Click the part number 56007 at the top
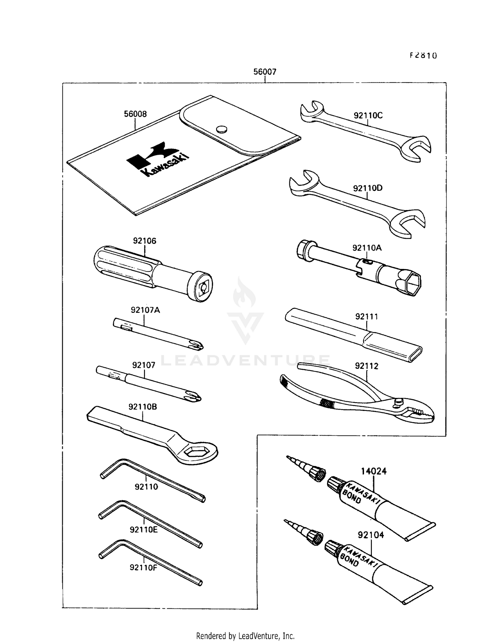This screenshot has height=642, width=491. [264, 72]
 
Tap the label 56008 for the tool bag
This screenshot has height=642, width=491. [135, 114]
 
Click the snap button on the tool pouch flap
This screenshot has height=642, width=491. [222, 129]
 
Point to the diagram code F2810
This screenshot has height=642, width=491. [423, 55]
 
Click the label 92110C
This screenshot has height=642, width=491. [368, 116]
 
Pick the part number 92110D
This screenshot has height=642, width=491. [368, 188]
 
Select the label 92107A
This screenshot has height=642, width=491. [145, 310]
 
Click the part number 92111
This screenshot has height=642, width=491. [366, 316]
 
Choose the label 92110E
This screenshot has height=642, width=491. [143, 529]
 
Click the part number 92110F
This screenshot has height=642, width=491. [143, 567]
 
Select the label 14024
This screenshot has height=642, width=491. [373, 471]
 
